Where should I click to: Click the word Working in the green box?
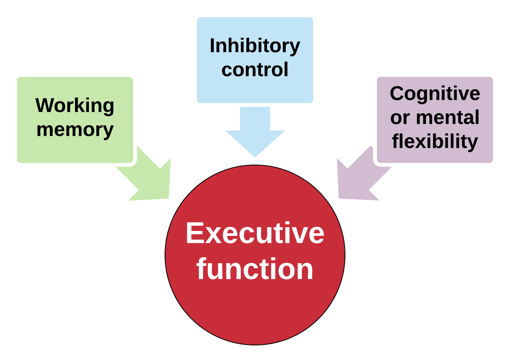tap(75, 106)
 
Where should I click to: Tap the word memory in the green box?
tap(75, 130)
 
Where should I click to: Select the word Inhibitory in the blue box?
tap(255, 46)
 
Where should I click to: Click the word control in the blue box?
tap(255, 70)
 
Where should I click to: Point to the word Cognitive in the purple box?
tap(435, 94)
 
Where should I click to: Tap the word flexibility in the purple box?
tap(435, 142)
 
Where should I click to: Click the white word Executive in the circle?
tap(255, 233)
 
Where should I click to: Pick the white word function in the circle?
tap(255, 269)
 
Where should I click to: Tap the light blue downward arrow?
tap(255, 133)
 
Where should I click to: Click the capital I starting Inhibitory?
tap(212, 46)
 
